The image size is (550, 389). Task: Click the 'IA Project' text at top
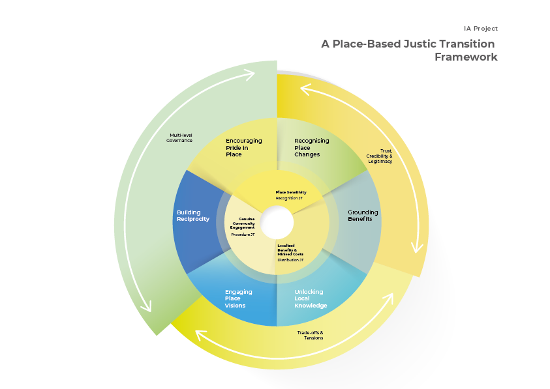[x=481, y=29]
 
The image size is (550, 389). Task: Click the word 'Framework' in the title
[x=466, y=57]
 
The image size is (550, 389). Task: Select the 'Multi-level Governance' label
[x=179, y=137]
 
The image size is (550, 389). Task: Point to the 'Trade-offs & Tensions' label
[x=310, y=335]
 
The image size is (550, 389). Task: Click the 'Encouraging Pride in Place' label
[x=243, y=147]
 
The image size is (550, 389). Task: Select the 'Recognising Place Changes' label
[x=311, y=147]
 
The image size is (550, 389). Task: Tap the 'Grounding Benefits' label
[x=363, y=216]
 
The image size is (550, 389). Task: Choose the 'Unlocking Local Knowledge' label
[x=311, y=299]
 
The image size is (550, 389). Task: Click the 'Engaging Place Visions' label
[x=238, y=299]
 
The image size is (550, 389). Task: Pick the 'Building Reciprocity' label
[x=193, y=216]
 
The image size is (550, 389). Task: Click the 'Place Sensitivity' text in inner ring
[x=291, y=192]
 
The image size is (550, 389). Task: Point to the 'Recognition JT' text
[x=290, y=198]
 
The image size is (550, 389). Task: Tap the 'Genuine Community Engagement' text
[x=242, y=223]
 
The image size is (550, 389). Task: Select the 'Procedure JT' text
[x=243, y=234]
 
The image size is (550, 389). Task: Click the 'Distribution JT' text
[x=290, y=260]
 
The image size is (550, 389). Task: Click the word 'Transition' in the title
[x=465, y=44]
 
